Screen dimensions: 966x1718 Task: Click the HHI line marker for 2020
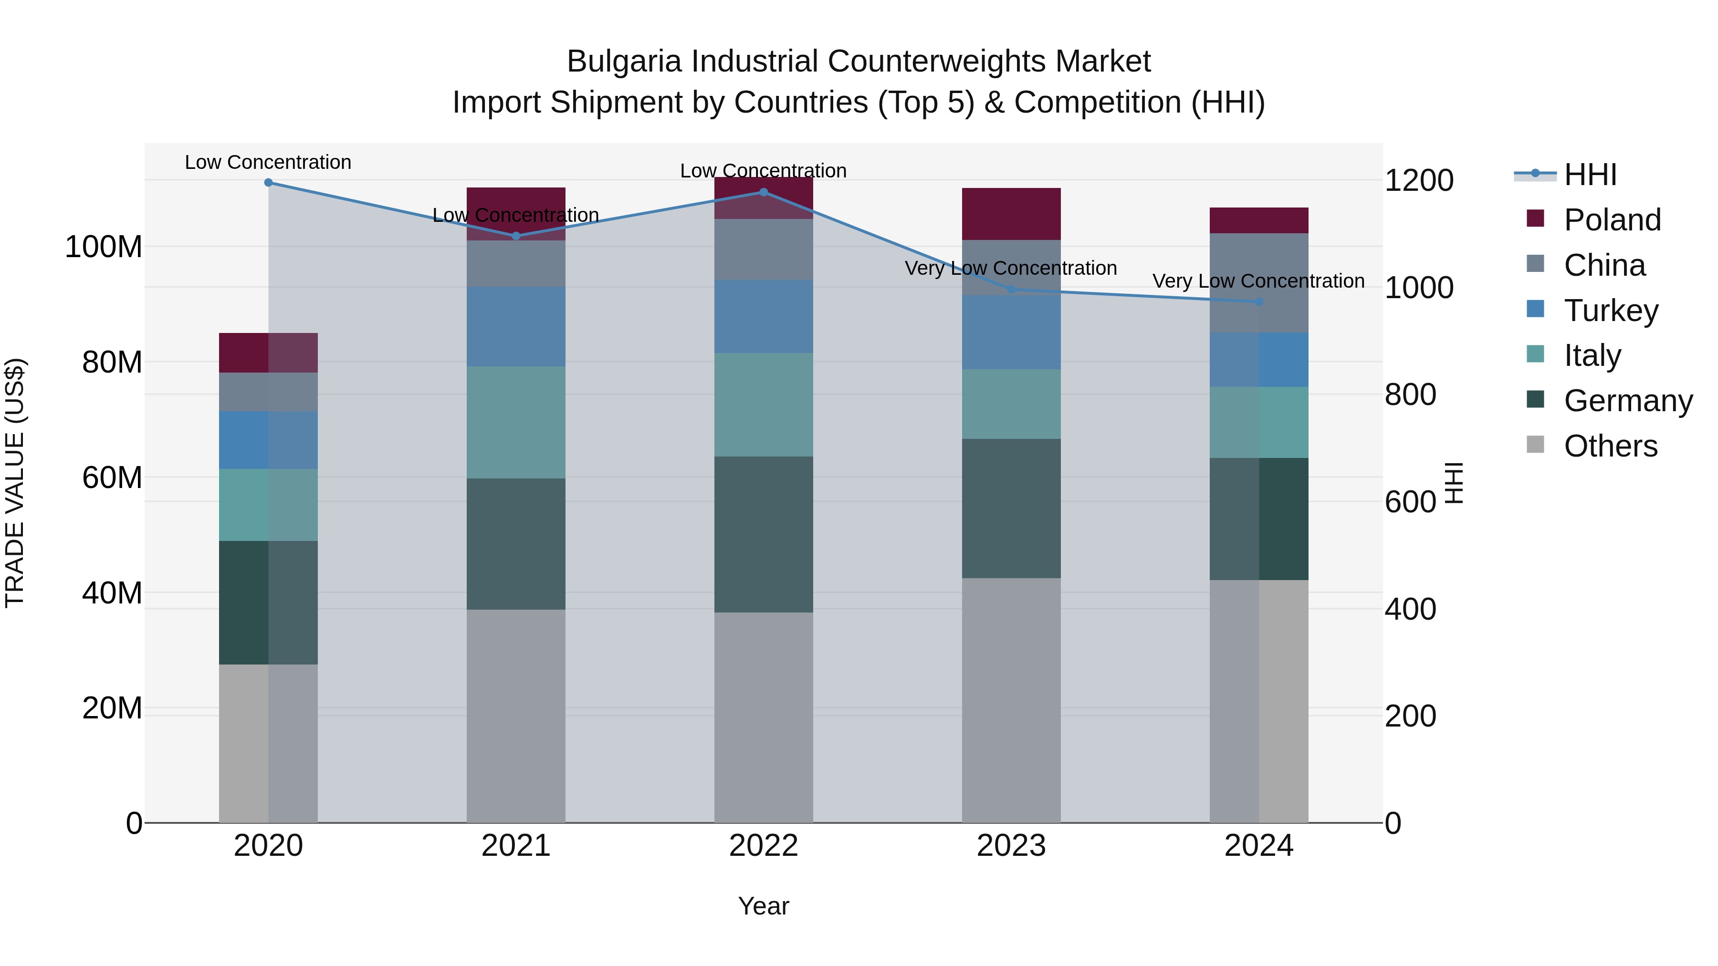[x=268, y=182]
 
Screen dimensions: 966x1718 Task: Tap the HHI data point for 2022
[x=764, y=192]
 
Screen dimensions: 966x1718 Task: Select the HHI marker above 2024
[x=1258, y=301]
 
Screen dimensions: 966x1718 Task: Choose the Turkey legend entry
[x=1610, y=311]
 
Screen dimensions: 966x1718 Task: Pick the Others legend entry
[x=1610, y=446]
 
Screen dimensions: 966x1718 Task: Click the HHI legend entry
[x=1590, y=175]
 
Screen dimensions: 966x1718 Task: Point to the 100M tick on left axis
[x=104, y=247]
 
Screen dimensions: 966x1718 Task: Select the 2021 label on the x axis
[x=515, y=846]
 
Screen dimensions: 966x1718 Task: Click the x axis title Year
[x=763, y=906]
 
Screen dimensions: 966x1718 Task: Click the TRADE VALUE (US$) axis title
[x=15, y=483]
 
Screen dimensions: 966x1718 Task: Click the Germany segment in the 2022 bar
[x=764, y=533]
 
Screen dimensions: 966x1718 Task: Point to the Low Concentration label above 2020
[x=268, y=162]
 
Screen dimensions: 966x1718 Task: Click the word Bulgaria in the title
[x=624, y=62]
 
